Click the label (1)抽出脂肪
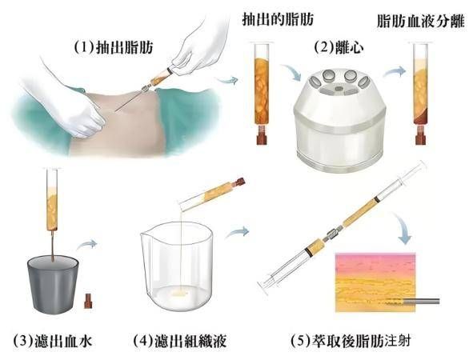pos(114,48)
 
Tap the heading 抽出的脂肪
pos(278,20)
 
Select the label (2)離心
pos(339,47)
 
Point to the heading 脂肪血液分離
pos(420,21)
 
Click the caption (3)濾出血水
pos(53,341)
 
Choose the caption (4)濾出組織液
pos(179,341)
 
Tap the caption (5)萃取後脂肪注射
pos(351,341)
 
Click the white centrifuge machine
pos(340,121)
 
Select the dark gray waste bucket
pos(53,284)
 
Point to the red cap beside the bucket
pos(88,300)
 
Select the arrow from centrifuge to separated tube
pos(395,72)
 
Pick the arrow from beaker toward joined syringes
pos(238,232)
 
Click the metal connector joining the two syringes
pos(332,234)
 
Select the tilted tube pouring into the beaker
pos(212,194)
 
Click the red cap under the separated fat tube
pos(420,134)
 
